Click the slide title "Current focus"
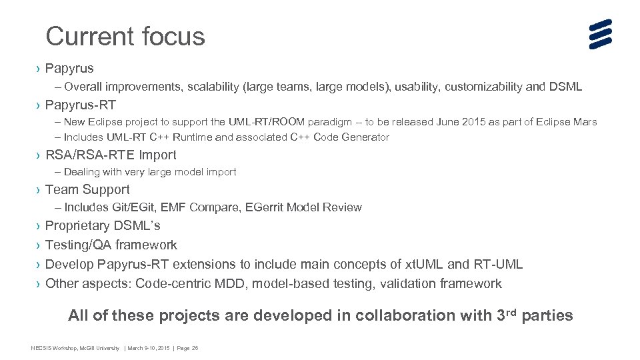125,36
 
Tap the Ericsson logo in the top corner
600,34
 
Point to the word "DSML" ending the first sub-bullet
567,87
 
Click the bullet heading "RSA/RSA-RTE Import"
111,155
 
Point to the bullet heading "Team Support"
87,190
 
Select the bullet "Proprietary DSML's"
103,225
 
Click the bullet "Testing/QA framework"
111,245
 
